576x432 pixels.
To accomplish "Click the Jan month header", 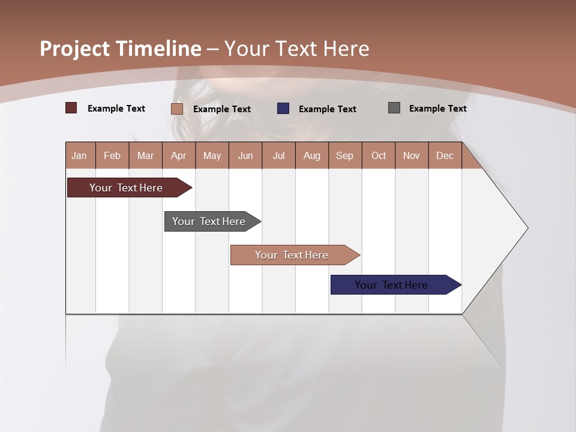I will pyautogui.click(x=80, y=156).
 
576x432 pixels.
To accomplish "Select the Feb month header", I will pyautogui.click(x=112, y=156).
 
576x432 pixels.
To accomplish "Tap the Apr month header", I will pyautogui.click(x=179, y=156).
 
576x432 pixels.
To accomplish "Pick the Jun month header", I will pyautogui.click(x=245, y=156).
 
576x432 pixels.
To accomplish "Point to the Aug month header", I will pyautogui.click(x=312, y=156).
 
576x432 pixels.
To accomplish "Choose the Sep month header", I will pyautogui.click(x=345, y=156).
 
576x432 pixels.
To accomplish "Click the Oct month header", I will pyautogui.click(x=379, y=156).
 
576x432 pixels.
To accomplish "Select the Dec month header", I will pyautogui.click(x=445, y=156).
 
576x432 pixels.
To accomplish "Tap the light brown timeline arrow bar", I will pyautogui.click(x=292, y=255).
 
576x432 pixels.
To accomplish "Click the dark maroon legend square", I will pyautogui.click(x=71, y=108).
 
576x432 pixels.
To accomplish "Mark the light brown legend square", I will pyautogui.click(x=177, y=109).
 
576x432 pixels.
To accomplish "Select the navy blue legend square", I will pyautogui.click(x=283, y=109).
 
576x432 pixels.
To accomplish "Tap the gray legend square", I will pyautogui.click(x=394, y=108).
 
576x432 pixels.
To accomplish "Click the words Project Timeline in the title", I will pyautogui.click(x=121, y=49).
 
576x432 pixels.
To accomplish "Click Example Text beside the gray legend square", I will pyautogui.click(x=437, y=109).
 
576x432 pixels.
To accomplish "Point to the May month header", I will pyautogui.click(x=212, y=156).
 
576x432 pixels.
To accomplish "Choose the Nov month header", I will pyautogui.click(x=412, y=156).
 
